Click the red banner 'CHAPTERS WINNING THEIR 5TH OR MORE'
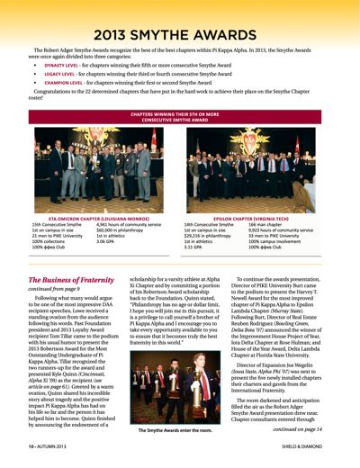(x=180, y=114)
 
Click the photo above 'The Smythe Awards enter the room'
(x=181, y=388)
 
